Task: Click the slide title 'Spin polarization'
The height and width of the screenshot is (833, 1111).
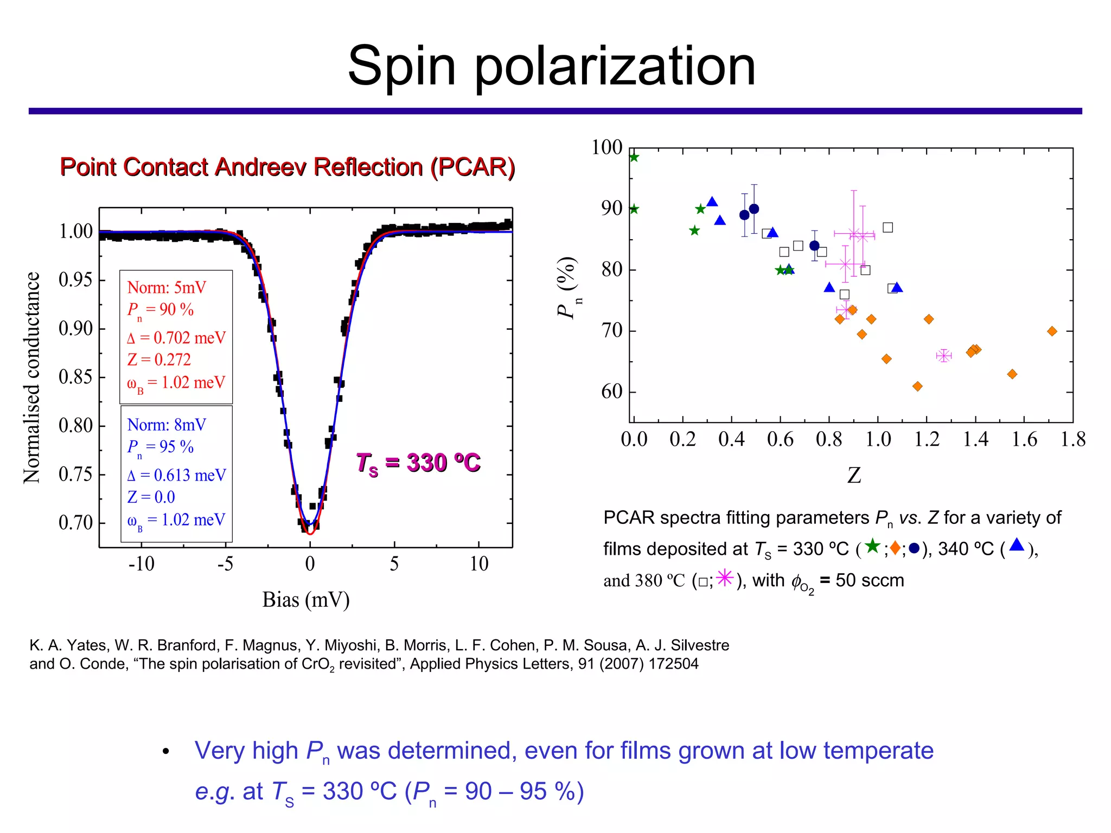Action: [551, 66]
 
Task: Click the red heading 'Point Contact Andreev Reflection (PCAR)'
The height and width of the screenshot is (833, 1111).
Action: [287, 167]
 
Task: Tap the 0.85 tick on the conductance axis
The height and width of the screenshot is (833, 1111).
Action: [75, 377]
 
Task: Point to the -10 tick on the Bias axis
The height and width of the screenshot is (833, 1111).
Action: [142, 564]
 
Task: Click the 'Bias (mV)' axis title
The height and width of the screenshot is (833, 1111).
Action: [305, 600]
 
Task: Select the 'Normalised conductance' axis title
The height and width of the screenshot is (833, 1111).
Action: [32, 377]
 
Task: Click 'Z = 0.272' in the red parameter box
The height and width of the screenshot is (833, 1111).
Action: [159, 360]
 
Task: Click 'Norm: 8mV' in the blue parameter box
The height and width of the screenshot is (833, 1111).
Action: [167, 425]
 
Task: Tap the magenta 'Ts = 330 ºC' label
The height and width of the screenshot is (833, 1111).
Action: [418, 463]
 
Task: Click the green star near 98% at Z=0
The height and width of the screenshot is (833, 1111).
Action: [634, 157]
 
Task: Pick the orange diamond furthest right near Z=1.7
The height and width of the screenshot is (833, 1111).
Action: [1052, 331]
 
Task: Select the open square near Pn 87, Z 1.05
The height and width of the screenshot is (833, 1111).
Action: [887, 227]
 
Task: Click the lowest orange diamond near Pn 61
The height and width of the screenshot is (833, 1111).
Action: [917, 386]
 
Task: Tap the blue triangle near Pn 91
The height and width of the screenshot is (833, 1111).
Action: [712, 202]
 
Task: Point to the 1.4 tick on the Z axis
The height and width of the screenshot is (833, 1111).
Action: [975, 439]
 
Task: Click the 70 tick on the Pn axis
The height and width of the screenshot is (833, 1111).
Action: [611, 330]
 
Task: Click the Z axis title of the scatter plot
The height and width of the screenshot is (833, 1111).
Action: [854, 476]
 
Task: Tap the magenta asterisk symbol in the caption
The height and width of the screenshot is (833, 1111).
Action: [725, 578]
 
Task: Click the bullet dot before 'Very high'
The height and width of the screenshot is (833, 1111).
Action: [166, 752]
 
